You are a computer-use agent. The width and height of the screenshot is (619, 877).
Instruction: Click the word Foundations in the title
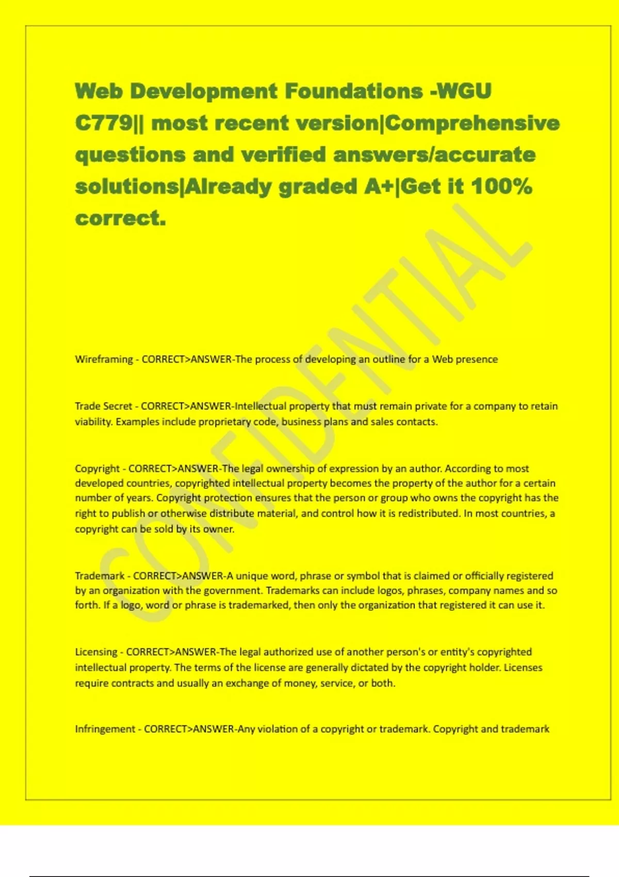pos(353,91)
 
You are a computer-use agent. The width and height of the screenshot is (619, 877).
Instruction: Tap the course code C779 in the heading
pos(104,123)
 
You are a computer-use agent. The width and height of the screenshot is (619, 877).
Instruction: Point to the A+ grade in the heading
pos(379,187)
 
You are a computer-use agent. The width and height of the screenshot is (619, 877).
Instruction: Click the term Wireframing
pos(104,360)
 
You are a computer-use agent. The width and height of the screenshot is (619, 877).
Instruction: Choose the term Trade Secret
pos(103,407)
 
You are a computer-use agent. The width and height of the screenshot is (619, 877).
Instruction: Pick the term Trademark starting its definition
pos(100,576)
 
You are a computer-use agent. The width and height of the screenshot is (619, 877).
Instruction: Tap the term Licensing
pos(96,652)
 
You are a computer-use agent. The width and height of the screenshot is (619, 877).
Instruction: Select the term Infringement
pos(105,729)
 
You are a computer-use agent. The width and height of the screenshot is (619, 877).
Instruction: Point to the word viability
pos(93,422)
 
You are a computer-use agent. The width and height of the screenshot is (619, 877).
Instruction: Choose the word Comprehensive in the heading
pos(472,123)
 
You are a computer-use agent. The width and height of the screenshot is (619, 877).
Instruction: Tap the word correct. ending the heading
pos(121,219)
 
